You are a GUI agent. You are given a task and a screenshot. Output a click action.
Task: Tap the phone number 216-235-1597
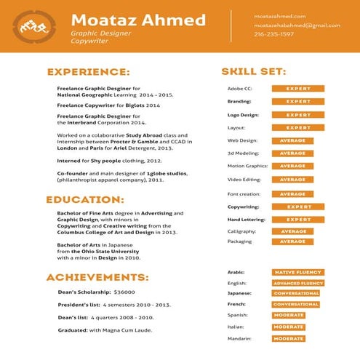274,34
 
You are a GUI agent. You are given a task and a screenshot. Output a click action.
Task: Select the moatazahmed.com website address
280,15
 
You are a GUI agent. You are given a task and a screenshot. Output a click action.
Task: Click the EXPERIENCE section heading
88,72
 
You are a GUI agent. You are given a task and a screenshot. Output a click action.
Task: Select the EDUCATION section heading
85,199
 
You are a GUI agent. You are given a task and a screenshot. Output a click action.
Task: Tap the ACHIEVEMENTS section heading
97,277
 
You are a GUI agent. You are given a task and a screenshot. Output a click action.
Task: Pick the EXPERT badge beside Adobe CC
297,89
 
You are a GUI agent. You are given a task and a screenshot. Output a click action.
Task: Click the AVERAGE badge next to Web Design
292,140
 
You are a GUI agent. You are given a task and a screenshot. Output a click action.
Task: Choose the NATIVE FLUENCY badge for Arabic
297,273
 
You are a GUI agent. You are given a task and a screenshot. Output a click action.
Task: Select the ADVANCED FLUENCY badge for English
297,283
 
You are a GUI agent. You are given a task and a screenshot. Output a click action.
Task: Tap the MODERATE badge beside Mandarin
289,338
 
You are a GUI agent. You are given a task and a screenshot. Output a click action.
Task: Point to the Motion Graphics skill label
247,167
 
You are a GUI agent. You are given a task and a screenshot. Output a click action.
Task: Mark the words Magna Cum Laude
134,330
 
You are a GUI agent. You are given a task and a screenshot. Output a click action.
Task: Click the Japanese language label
240,293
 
